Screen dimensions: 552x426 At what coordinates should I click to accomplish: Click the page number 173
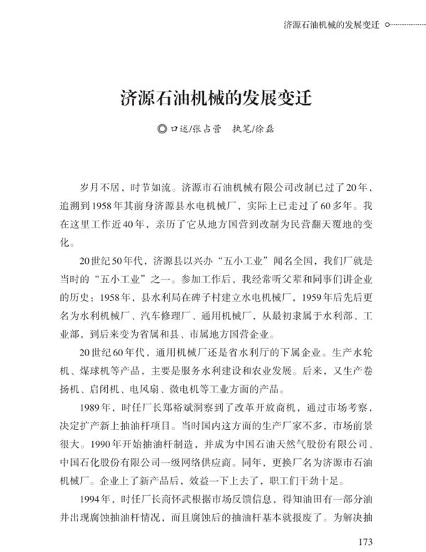(x=365, y=543)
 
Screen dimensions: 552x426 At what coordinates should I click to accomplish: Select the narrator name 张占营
(x=206, y=129)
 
